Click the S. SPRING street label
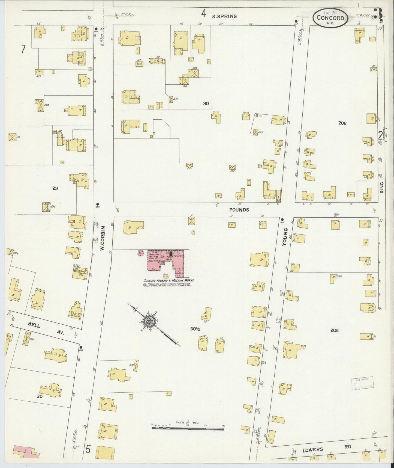pos(224,16)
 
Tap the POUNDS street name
pos(239,210)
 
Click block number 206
pos(342,123)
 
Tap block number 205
pos(334,330)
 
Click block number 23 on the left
pos(55,188)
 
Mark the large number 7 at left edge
pos(23,49)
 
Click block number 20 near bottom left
pos(40,396)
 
